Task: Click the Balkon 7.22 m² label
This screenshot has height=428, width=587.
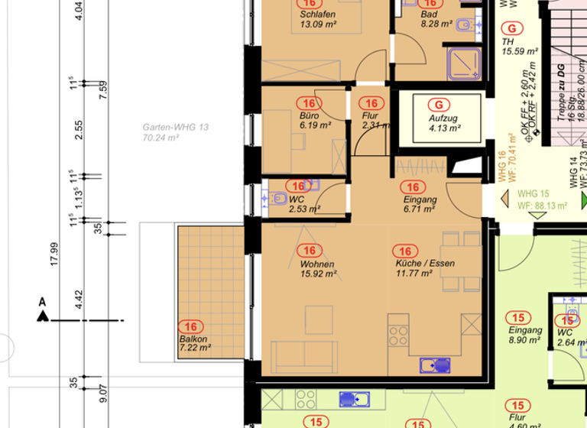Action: (x=194, y=343)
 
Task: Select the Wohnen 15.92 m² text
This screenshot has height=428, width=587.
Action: (x=317, y=268)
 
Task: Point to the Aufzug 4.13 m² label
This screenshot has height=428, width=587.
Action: (x=443, y=124)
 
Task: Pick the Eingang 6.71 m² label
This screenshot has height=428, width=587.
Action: (x=419, y=203)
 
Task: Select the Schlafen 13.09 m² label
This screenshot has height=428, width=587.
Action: (x=317, y=19)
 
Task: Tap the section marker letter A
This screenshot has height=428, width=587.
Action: (x=42, y=303)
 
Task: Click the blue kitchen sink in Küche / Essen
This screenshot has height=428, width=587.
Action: (x=435, y=365)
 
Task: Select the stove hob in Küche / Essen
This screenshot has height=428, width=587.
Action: (x=398, y=335)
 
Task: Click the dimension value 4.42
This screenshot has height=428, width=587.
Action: (x=79, y=300)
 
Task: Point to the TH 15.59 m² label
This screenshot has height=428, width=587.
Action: (x=520, y=47)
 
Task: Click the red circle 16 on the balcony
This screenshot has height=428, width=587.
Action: (x=191, y=326)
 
